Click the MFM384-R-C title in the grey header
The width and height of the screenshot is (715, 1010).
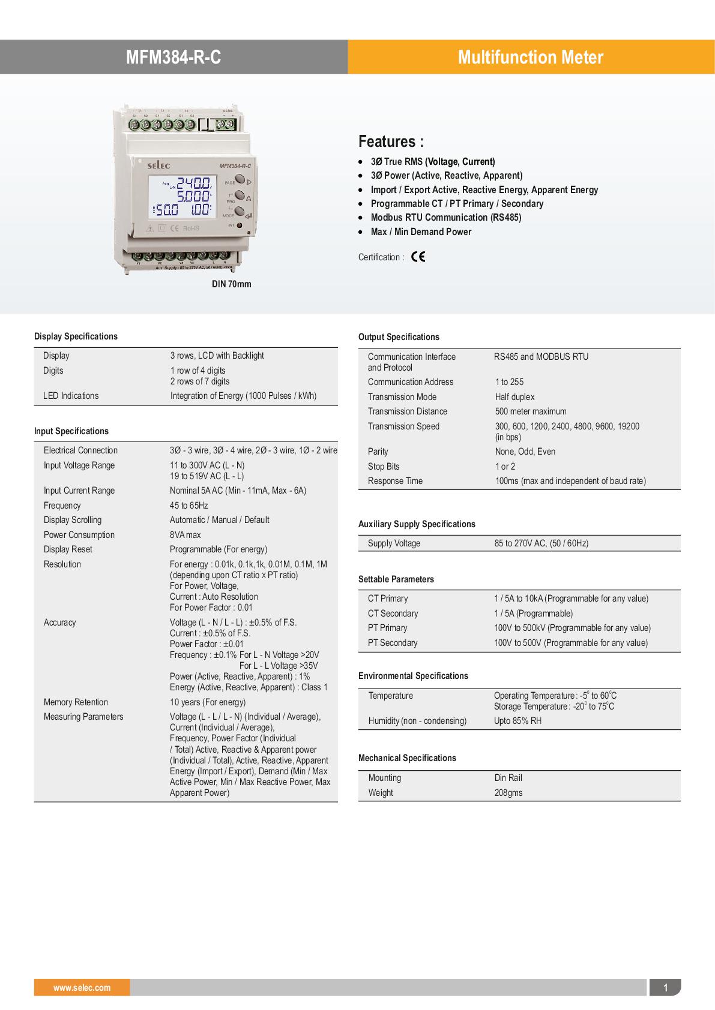[x=173, y=57]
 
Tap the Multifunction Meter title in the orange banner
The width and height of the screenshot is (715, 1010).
[x=530, y=57]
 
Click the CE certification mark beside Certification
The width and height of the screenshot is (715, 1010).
[x=418, y=257]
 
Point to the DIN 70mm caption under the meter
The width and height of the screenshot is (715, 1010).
[x=231, y=284]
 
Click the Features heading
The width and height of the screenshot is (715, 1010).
[x=391, y=142]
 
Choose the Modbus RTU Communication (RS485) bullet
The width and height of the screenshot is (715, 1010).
[x=445, y=218]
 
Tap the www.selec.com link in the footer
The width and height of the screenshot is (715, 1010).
[x=82, y=987]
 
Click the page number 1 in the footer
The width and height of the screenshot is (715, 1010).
[x=665, y=987]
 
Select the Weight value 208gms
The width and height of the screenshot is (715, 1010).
[x=508, y=792]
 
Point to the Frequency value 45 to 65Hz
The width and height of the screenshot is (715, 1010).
[x=189, y=506]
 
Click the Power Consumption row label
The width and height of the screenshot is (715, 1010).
[x=79, y=535]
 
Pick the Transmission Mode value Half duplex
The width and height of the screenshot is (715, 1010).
[x=514, y=397]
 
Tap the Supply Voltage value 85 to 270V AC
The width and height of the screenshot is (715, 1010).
[x=541, y=543]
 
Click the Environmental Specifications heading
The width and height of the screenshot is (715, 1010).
[x=413, y=676]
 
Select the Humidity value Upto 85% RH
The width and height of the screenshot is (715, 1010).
[x=517, y=721]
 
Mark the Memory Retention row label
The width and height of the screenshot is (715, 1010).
[x=76, y=702]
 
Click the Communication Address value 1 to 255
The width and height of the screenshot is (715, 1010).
[x=509, y=382]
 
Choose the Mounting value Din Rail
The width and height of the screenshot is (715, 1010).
[x=508, y=778]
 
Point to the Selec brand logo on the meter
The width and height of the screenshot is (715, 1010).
[x=158, y=165]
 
